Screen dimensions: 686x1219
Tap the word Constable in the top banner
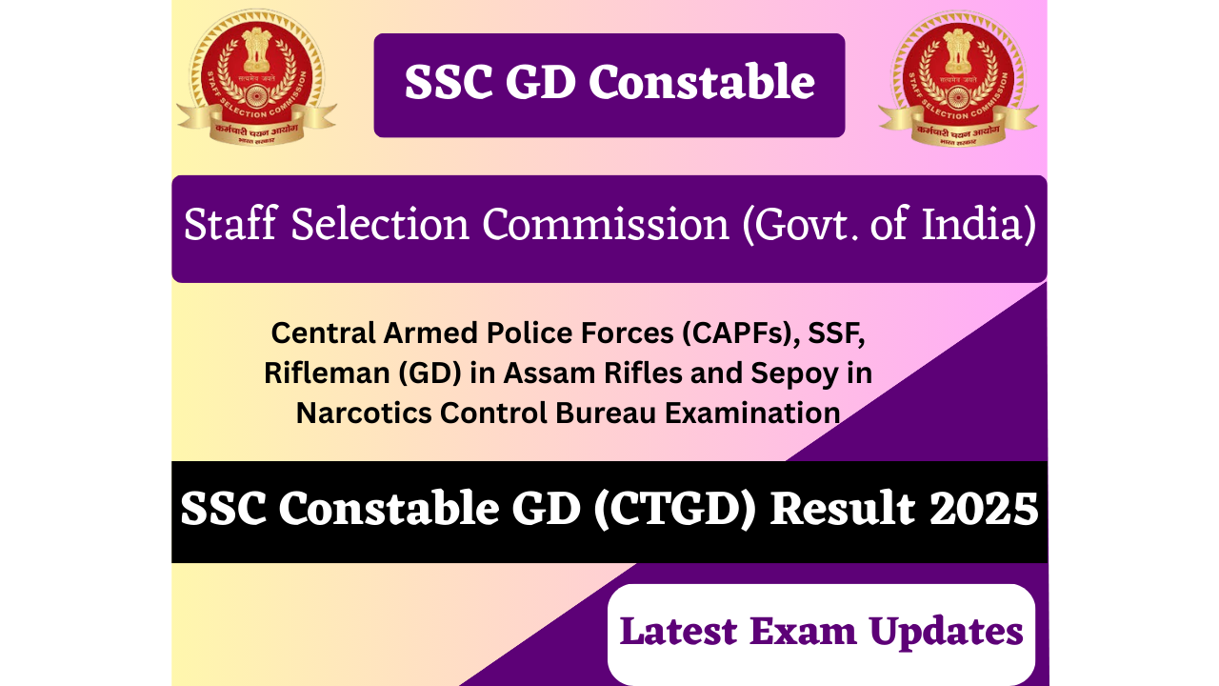(x=703, y=83)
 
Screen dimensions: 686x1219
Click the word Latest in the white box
(x=679, y=632)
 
